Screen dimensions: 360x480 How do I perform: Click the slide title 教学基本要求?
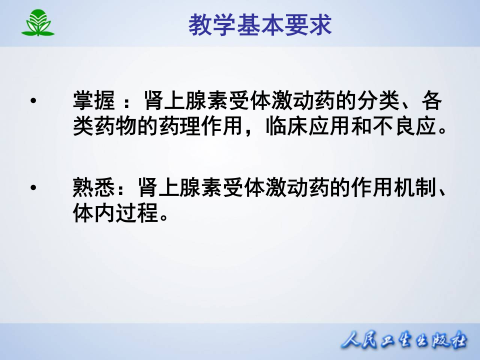tap(260, 25)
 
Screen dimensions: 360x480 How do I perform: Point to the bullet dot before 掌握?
tap(33, 101)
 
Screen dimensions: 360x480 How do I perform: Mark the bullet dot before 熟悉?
tap(33, 189)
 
